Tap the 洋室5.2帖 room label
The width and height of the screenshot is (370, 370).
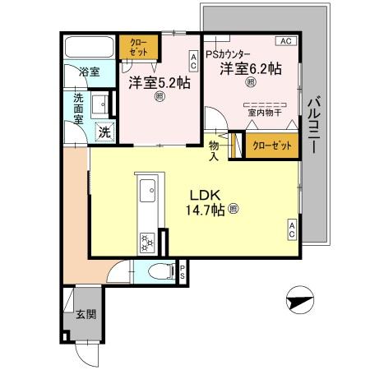click(x=160, y=82)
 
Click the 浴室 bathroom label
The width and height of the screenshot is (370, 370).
click(x=89, y=72)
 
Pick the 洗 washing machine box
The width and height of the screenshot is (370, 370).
click(x=104, y=131)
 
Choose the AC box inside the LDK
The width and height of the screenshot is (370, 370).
click(x=292, y=230)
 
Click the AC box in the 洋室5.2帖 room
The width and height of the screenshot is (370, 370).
click(x=192, y=62)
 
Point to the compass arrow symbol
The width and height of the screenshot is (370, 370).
click(x=300, y=302)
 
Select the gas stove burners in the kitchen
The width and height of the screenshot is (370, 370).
click(x=146, y=241)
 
